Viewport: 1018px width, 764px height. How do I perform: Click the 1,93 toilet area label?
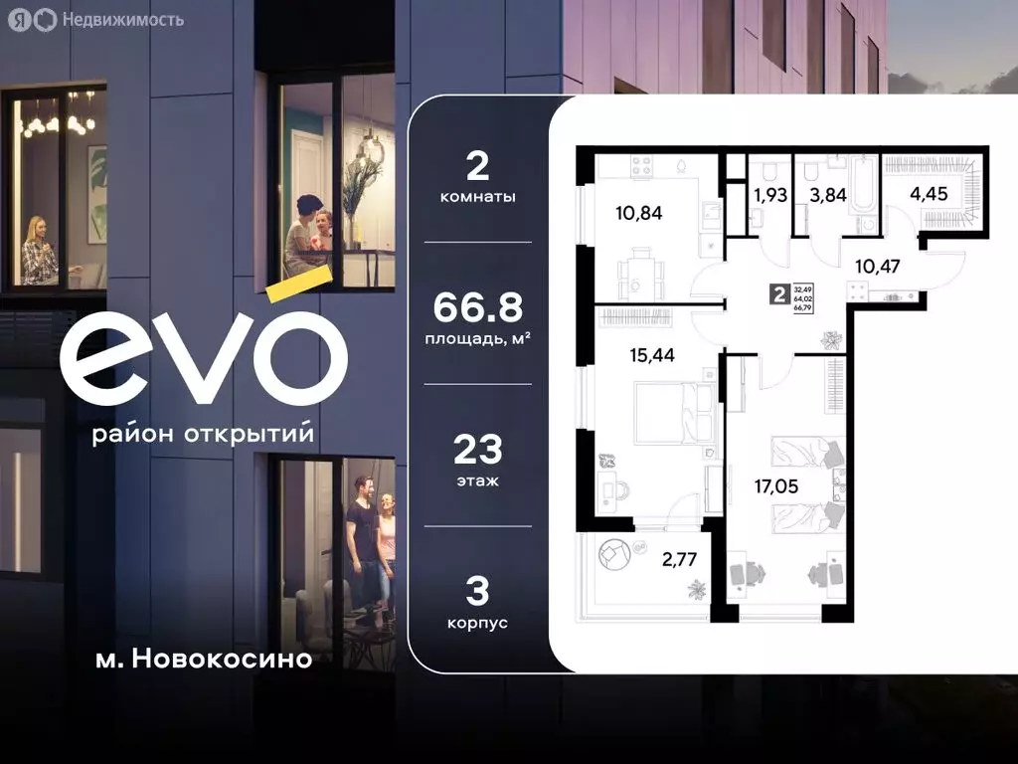(769, 195)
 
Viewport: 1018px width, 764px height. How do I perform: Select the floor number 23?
(477, 451)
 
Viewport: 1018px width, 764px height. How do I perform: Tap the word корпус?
(477, 622)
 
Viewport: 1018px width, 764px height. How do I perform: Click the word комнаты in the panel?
(477, 197)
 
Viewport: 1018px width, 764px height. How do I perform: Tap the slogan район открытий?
(203, 435)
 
